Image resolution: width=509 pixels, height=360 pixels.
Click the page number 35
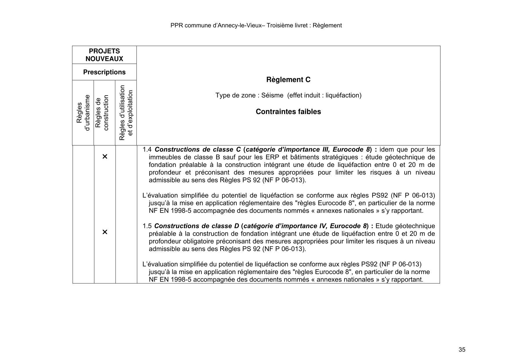(x=462, y=350)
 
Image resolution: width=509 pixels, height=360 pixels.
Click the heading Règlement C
(x=288, y=80)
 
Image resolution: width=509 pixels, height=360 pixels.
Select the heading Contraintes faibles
(x=288, y=112)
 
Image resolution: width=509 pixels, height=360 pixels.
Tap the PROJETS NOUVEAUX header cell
(x=104, y=55)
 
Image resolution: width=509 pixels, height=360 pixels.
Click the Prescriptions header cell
(x=104, y=72)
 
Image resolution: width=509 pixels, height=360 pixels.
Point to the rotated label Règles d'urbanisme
(x=83, y=113)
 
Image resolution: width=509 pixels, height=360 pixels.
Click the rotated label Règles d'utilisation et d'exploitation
(x=126, y=113)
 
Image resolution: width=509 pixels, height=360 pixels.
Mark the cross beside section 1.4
(x=105, y=157)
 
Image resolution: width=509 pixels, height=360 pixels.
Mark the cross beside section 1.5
(x=105, y=232)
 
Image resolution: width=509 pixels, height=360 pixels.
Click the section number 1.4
(x=147, y=150)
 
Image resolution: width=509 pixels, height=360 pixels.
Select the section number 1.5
(x=147, y=226)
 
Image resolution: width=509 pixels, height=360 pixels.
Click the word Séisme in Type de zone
(x=272, y=96)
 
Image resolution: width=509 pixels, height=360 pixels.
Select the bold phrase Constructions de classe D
(x=196, y=226)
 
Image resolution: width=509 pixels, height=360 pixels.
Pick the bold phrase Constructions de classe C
(x=198, y=150)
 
